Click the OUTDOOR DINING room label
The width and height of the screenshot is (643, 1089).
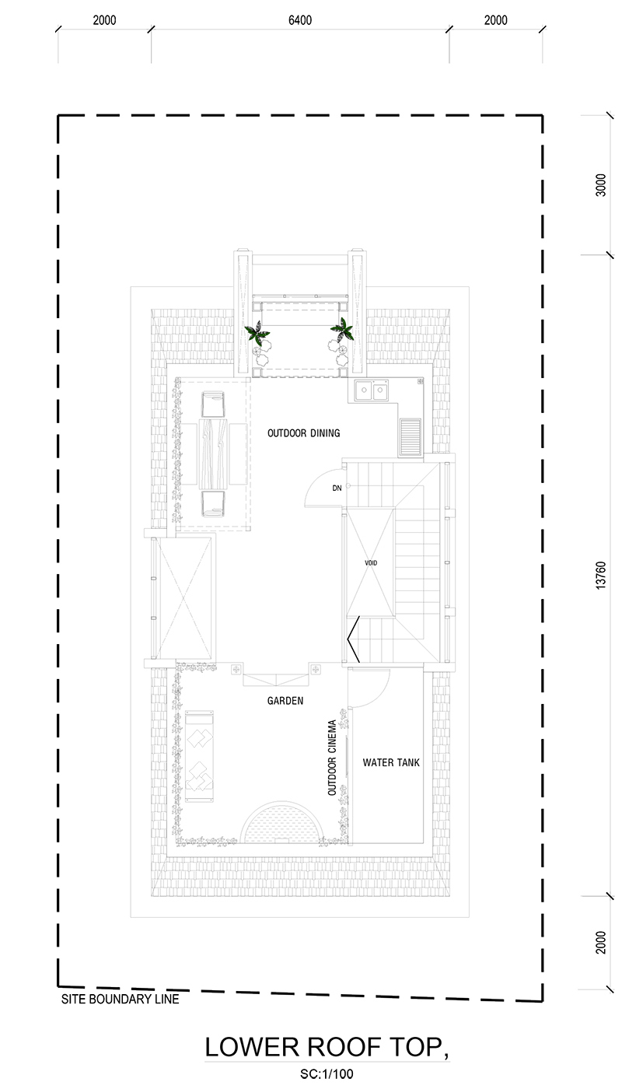pyautogui.click(x=304, y=433)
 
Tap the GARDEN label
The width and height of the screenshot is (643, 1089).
pyautogui.click(x=285, y=701)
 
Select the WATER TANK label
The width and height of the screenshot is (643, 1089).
pyautogui.click(x=391, y=762)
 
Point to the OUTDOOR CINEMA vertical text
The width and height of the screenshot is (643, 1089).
pyautogui.click(x=332, y=758)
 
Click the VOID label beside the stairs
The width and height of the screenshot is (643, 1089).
pyautogui.click(x=371, y=563)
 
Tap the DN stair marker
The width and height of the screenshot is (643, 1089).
pyautogui.click(x=337, y=488)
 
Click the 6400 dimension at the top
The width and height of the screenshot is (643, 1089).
pyautogui.click(x=300, y=20)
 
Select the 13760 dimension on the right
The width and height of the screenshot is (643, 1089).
pyautogui.click(x=601, y=576)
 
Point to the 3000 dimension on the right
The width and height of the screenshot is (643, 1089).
pyautogui.click(x=601, y=185)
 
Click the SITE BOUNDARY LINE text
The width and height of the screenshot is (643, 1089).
pyautogui.click(x=120, y=999)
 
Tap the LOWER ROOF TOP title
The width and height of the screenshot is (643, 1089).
pyautogui.click(x=326, y=1047)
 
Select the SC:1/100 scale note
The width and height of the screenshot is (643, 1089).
pyautogui.click(x=327, y=1074)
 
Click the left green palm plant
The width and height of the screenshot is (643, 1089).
pyautogui.click(x=257, y=333)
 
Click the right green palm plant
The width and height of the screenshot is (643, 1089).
pyautogui.click(x=343, y=330)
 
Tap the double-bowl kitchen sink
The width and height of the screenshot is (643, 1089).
pyautogui.click(x=372, y=390)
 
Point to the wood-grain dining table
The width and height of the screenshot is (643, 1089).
pyautogui.click(x=213, y=453)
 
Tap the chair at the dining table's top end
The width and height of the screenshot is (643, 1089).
pyautogui.click(x=213, y=404)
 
